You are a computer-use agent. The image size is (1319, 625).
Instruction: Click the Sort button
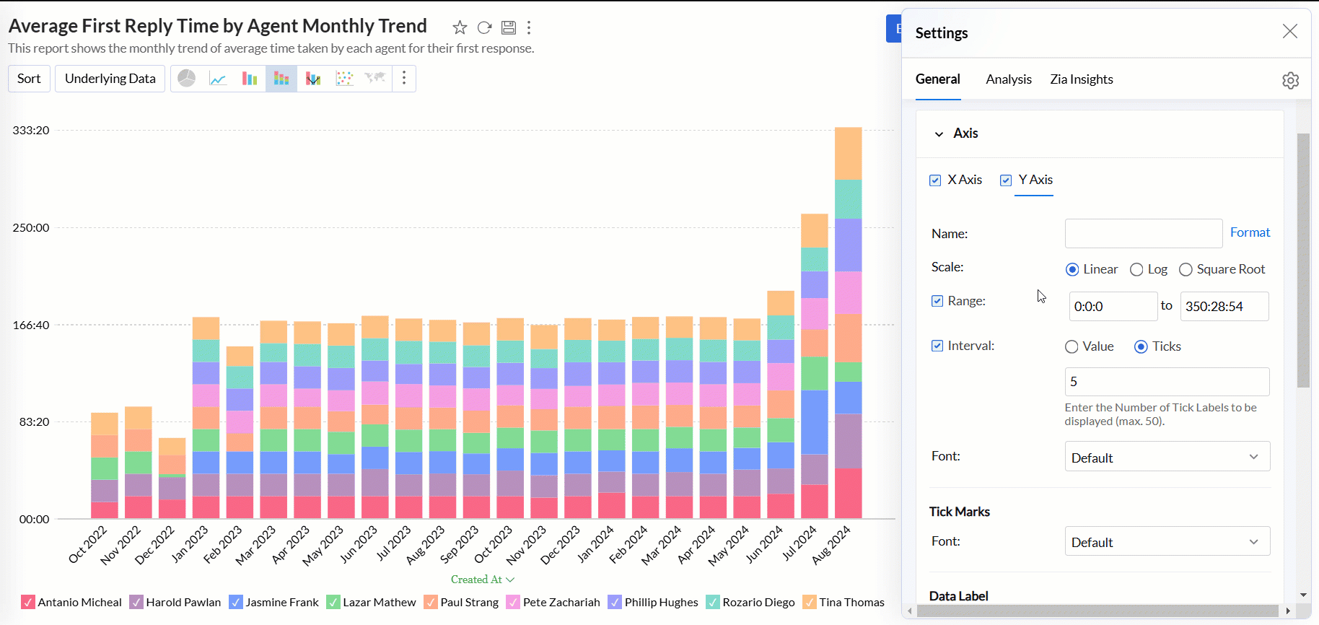click(29, 79)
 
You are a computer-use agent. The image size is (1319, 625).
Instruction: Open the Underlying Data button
click(110, 79)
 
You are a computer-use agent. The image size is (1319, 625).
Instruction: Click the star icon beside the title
click(460, 27)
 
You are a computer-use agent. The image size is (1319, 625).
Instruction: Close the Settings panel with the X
click(1289, 31)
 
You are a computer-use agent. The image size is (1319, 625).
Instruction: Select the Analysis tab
click(1008, 79)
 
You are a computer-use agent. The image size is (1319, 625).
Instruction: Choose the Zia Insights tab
click(1081, 79)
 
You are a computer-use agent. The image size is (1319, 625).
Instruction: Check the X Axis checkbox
click(935, 180)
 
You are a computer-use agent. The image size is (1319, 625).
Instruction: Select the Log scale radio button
click(1136, 269)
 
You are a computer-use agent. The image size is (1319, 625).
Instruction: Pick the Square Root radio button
click(1186, 269)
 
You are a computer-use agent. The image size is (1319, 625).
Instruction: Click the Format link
click(1250, 232)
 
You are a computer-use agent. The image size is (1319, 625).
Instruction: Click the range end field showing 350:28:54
click(1224, 307)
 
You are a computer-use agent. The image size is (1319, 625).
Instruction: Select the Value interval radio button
click(1072, 346)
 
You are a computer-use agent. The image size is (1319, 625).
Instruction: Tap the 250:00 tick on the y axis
click(31, 227)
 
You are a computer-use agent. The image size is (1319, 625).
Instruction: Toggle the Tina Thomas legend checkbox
click(810, 602)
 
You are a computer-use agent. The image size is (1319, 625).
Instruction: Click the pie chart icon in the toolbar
click(187, 78)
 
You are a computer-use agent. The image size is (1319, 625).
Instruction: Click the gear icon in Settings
click(1290, 80)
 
